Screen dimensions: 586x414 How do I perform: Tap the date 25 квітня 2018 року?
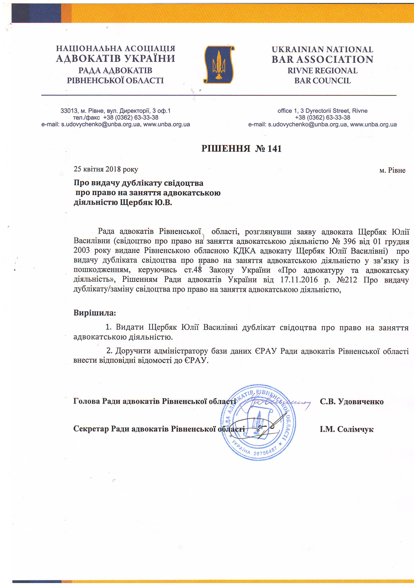106,169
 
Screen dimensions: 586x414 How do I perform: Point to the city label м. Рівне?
392,170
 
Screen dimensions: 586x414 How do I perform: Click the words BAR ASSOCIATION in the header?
322,59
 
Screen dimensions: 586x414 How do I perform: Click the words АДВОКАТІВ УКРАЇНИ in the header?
116,59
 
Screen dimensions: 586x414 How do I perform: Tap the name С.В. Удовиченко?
352,401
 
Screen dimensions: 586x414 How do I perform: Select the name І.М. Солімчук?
346,429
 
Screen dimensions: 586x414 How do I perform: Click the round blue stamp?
258,422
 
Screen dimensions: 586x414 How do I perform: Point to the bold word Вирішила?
95,313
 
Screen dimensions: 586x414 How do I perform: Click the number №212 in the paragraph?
347,280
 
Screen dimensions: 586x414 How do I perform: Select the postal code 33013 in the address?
69,111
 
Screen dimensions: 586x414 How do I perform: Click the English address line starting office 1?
322,111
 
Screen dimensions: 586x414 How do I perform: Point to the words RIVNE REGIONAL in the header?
322,71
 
